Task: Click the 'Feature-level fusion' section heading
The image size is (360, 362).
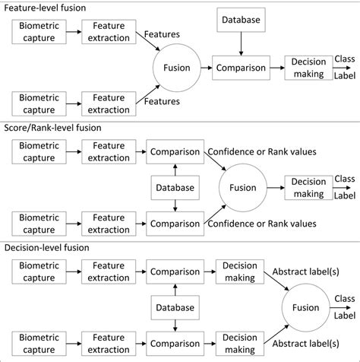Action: (x=45, y=7)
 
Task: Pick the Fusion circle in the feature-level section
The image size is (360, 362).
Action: (x=176, y=68)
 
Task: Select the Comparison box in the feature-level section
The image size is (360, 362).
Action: (x=240, y=68)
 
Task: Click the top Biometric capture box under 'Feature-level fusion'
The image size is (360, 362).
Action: (x=37, y=31)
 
